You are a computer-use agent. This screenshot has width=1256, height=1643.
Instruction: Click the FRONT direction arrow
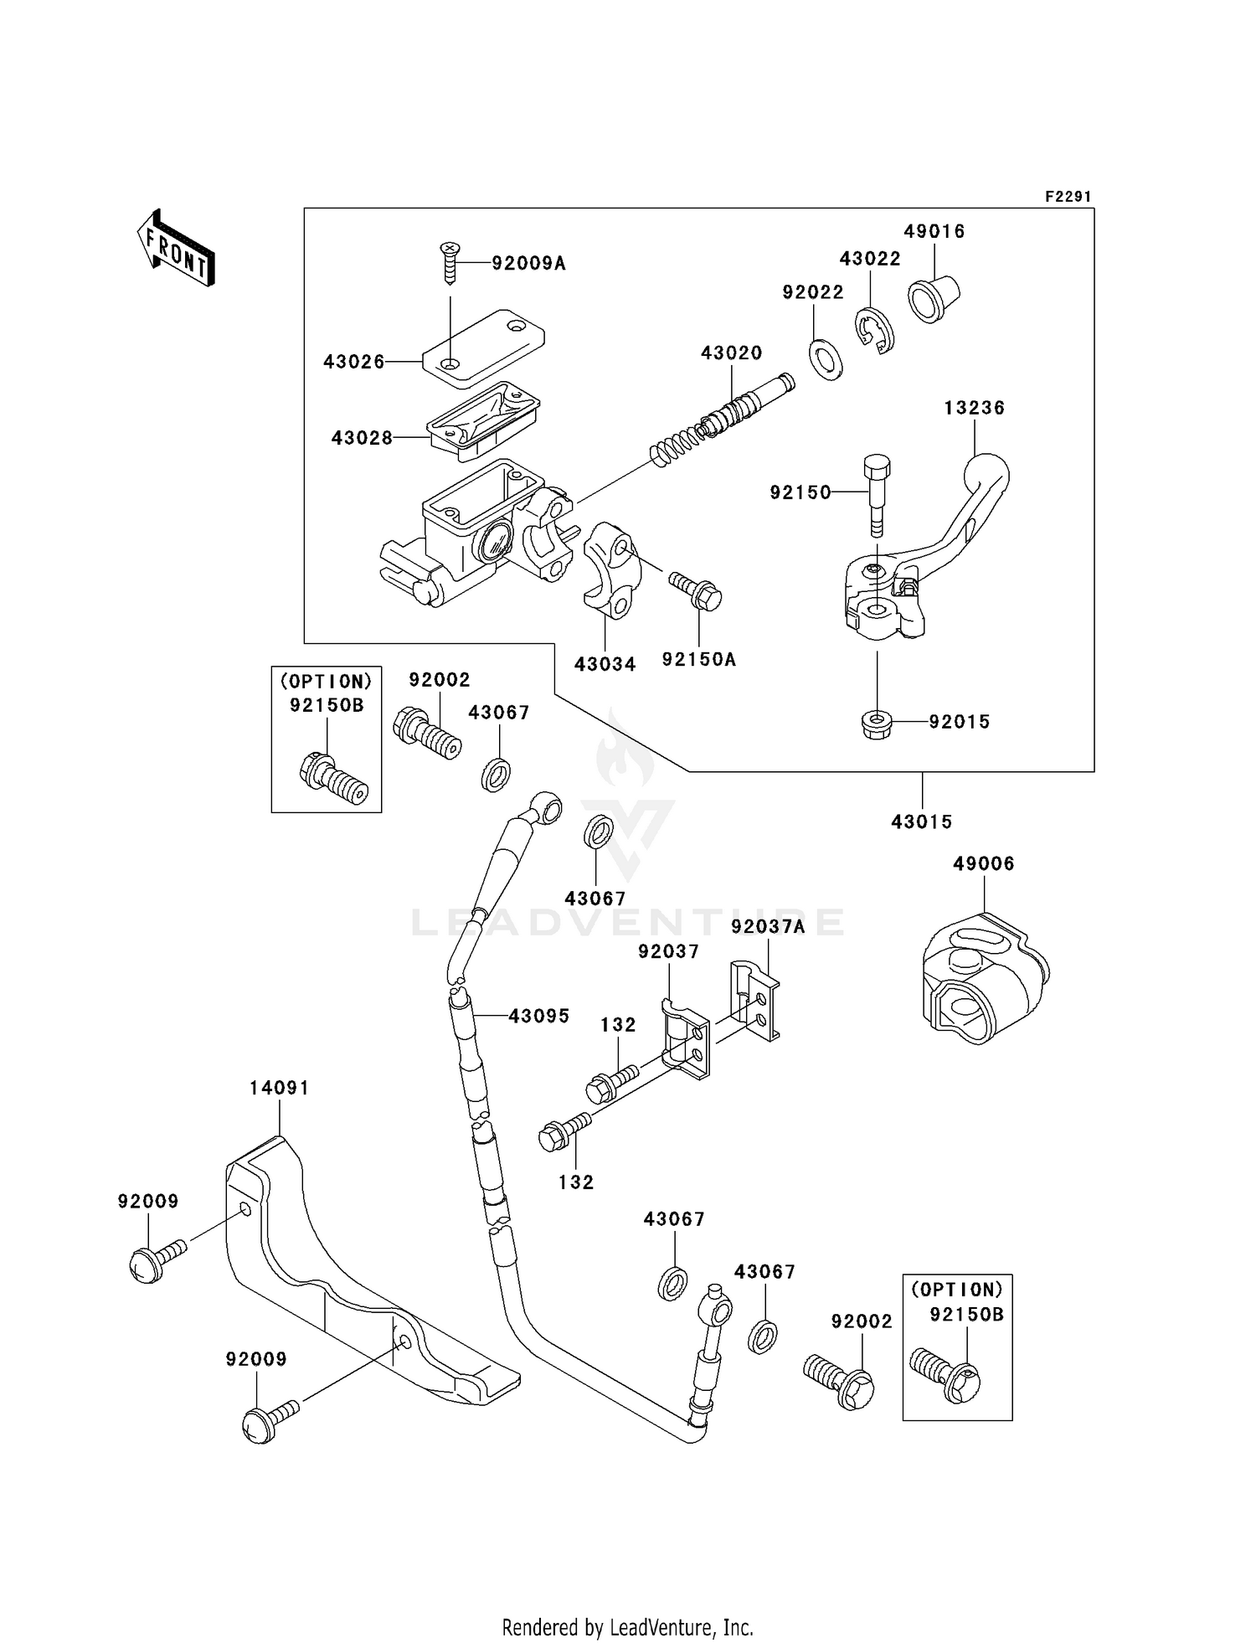(177, 250)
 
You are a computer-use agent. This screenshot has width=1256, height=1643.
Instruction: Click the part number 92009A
(528, 264)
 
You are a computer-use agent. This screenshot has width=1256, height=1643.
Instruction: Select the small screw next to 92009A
(450, 261)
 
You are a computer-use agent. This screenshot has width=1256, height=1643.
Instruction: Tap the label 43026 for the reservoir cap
(354, 362)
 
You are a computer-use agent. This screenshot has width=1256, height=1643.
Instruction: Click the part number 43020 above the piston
(731, 353)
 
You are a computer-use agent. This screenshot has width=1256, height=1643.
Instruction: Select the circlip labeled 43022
(874, 330)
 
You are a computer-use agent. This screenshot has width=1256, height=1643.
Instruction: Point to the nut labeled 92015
(876, 724)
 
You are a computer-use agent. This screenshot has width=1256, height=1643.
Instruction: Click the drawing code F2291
(1068, 197)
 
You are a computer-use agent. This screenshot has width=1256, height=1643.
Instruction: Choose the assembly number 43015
(921, 821)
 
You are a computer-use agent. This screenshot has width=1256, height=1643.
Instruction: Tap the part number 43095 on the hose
(538, 1016)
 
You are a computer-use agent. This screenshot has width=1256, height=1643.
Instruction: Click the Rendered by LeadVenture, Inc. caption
(627, 1627)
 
